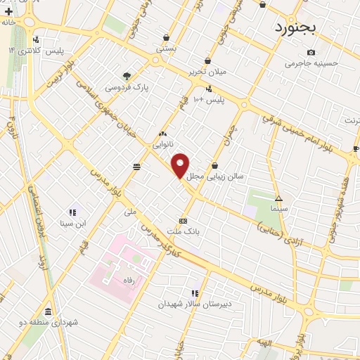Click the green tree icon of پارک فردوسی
pos(127,75)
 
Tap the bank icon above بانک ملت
pos(183,219)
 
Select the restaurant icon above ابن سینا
pos(72,212)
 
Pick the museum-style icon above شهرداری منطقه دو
pos(48,311)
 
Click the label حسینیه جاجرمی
pos(311,63)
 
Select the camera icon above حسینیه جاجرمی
pos(311,52)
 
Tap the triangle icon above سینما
pos(278,198)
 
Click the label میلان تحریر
pos(206,71)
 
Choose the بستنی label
pos(165,49)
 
